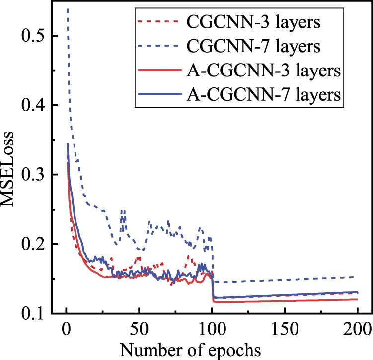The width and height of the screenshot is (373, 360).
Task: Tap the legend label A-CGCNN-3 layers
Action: [263, 71]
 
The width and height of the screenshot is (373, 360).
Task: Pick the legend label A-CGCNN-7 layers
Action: [263, 94]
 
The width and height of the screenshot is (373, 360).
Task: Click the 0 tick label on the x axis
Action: [66, 329]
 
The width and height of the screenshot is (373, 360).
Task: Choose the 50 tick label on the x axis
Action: [139, 329]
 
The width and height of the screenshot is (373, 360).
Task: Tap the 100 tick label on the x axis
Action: [212, 329]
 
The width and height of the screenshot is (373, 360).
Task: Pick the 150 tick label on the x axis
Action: [285, 329]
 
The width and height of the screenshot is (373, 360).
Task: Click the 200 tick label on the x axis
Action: [357, 329]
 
